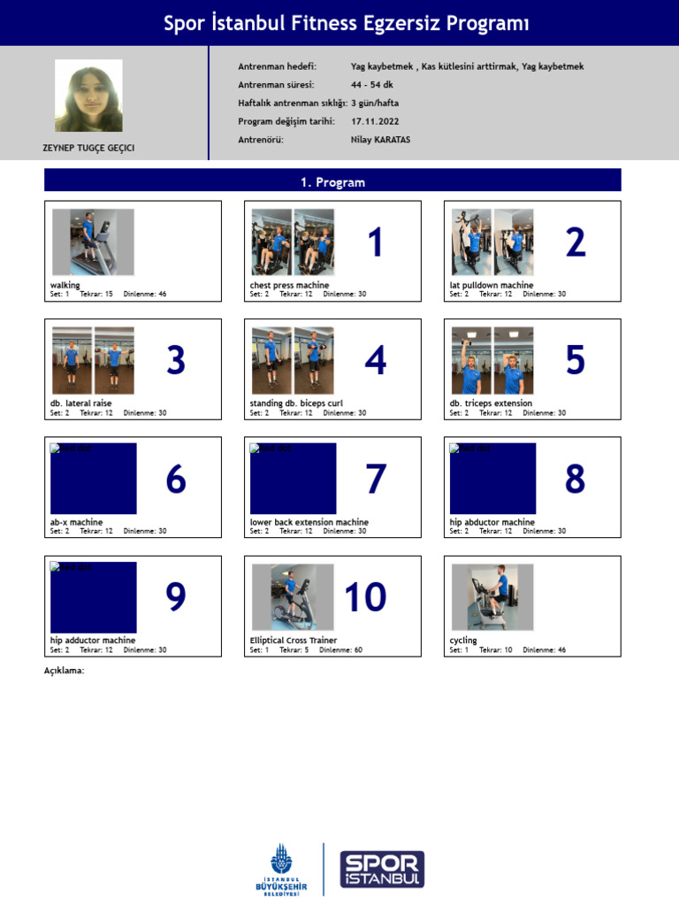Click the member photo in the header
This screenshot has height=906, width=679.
[88, 96]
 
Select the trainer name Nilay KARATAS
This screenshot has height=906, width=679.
[380, 140]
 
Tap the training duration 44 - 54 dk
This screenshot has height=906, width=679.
[372, 85]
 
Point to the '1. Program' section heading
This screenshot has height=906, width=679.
[332, 182]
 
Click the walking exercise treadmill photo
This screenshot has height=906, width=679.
[93, 242]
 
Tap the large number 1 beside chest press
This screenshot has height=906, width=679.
[375, 242]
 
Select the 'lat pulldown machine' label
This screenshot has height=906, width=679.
[491, 286]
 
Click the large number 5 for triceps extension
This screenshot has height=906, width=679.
[575, 360]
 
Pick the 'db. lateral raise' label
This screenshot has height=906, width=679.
[81, 403]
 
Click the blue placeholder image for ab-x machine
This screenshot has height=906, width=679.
[93, 479]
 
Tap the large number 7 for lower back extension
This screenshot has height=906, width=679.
[375, 479]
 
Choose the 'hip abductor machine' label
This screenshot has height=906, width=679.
[492, 522]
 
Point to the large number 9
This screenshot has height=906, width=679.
[176, 597]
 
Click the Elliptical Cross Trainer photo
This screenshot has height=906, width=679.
[293, 597]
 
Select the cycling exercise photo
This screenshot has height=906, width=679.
[492, 597]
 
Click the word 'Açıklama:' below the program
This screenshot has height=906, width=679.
[64, 671]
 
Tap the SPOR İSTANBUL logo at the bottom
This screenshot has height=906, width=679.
[382, 870]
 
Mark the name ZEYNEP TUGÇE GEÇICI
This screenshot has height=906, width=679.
[89, 149]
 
